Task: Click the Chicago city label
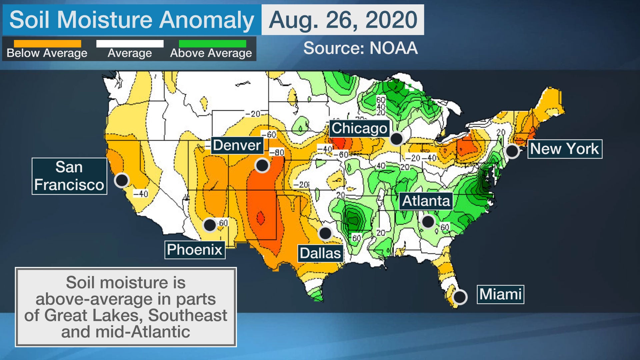pyautogui.click(x=359, y=128)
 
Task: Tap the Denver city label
pyautogui.click(x=237, y=145)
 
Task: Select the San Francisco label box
pyautogui.click(x=69, y=176)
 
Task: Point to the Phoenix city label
pyautogui.click(x=195, y=250)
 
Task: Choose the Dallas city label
pyautogui.click(x=320, y=253)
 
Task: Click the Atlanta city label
pyautogui.click(x=426, y=201)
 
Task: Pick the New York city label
pyautogui.click(x=565, y=149)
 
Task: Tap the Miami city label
pyautogui.click(x=500, y=294)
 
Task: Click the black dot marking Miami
pyautogui.click(x=460, y=296)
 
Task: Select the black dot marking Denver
pyautogui.click(x=262, y=165)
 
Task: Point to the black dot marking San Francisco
pyautogui.click(x=122, y=180)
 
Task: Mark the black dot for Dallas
pyautogui.click(x=325, y=233)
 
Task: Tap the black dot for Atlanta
pyautogui.click(x=428, y=221)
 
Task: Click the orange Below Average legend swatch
pyautogui.click(x=47, y=44)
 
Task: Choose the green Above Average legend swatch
pyautogui.click(x=212, y=44)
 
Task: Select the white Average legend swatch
pyautogui.click(x=130, y=44)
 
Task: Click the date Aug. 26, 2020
pyautogui.click(x=343, y=20)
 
